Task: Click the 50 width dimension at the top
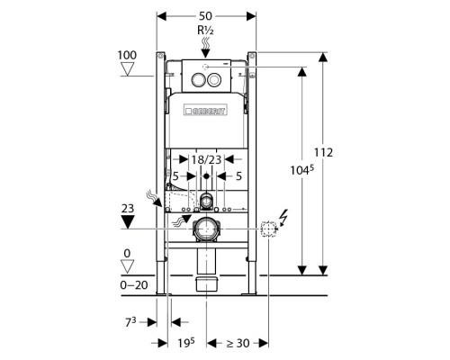click(205, 16)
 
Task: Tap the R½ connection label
click(205, 31)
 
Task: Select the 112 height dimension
click(323, 153)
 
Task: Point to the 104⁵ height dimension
click(301, 170)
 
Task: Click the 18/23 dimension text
click(206, 159)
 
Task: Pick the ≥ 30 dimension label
click(238, 343)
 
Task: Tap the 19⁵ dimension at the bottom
click(186, 343)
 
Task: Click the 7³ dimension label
click(130, 322)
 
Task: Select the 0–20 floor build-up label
click(134, 285)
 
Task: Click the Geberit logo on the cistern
click(205, 110)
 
